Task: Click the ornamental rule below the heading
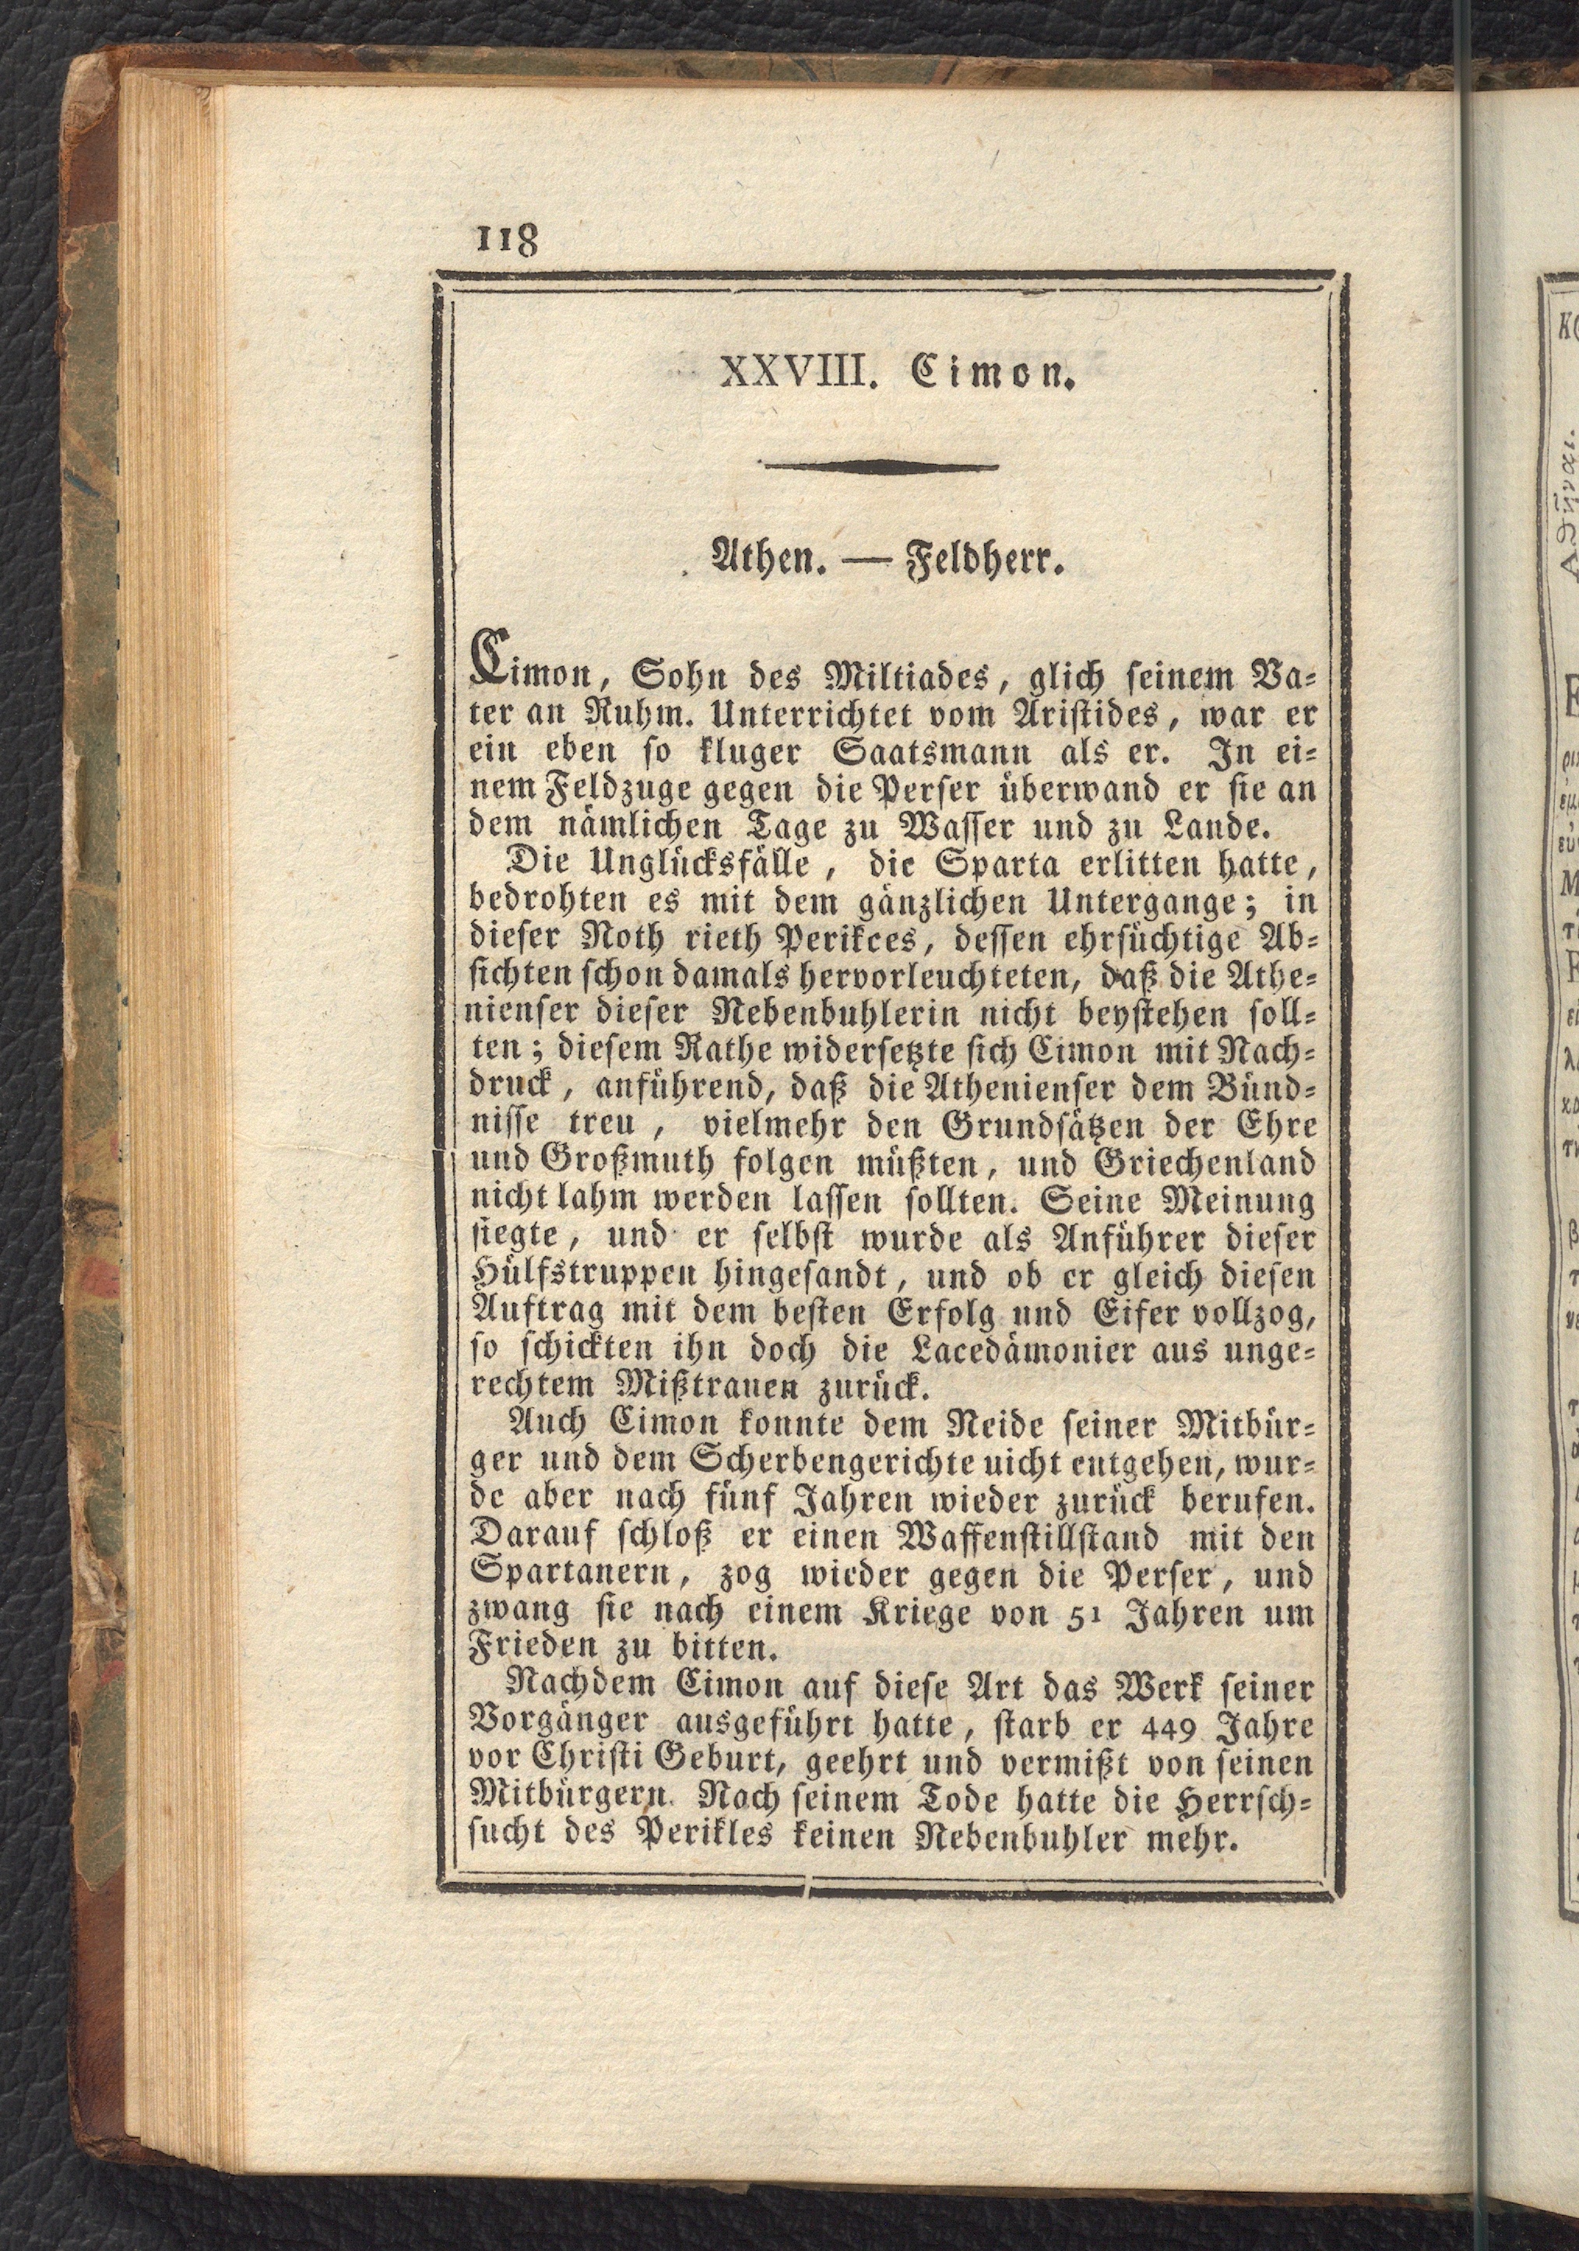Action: (881, 467)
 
